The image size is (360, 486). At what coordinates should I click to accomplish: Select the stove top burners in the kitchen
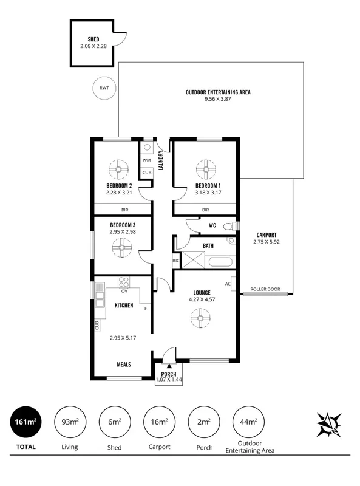coord(124,282)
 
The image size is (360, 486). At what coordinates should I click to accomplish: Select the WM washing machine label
coord(146,160)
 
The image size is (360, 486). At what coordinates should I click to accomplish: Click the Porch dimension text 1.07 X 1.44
coord(168,380)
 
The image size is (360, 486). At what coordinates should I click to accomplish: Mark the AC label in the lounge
coord(228,284)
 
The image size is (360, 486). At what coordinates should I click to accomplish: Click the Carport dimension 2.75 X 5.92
coord(267,241)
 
